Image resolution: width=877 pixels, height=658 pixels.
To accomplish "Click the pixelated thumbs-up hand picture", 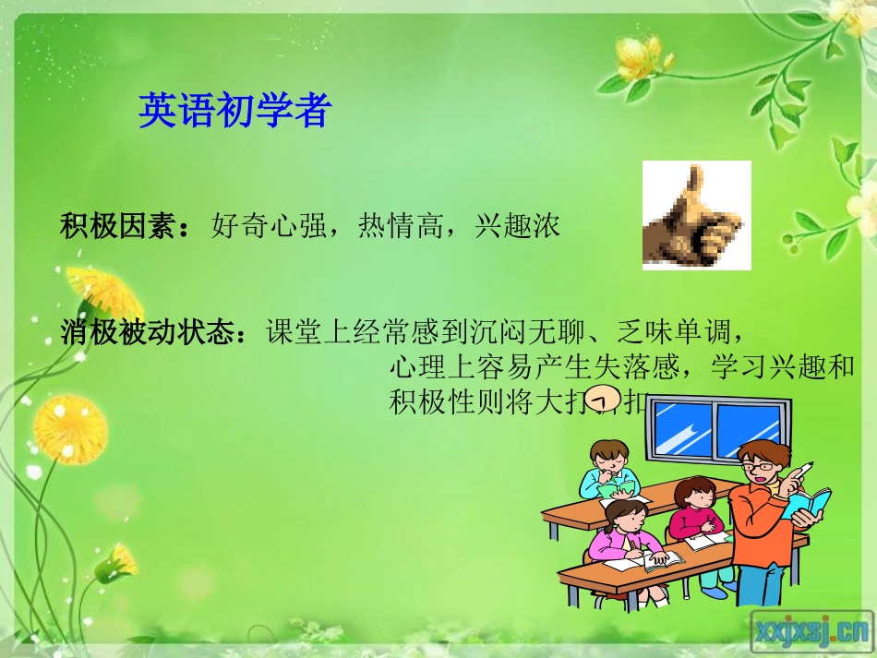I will point(696,215).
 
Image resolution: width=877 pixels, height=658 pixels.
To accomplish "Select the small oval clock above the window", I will point(603,401).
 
